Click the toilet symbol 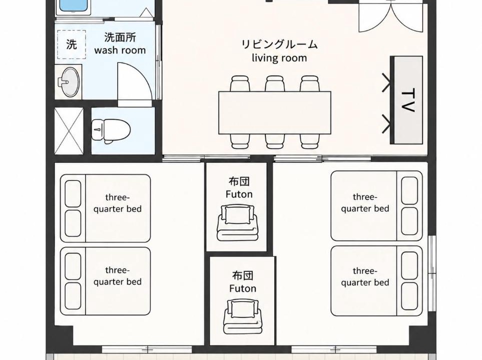(111, 131)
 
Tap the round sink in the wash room (69, 82)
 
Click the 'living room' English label (279, 57)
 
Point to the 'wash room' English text (120, 50)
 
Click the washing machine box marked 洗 (71, 44)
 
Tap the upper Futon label (239, 194)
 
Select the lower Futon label (243, 288)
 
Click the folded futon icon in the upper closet (238, 222)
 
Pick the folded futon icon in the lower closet (243, 316)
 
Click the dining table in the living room (275, 112)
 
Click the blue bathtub (74, 7)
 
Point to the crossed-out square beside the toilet (69, 131)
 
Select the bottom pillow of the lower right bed (410, 295)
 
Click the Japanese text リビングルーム (279, 44)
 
